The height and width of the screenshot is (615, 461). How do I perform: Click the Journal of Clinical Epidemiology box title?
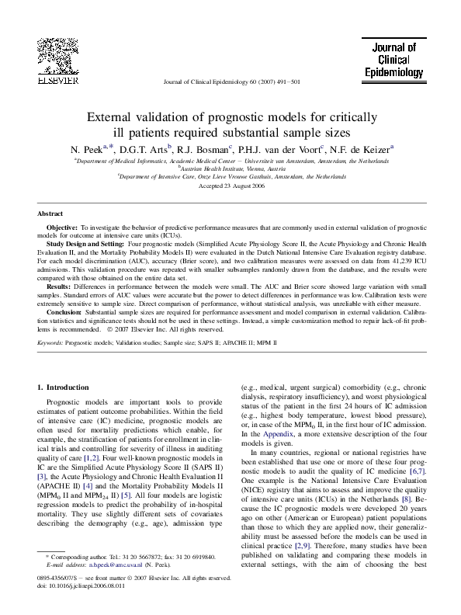pos(393,61)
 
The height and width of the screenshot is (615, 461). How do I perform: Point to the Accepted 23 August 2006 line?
pos(230,187)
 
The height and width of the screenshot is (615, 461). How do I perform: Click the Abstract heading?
pos(50,214)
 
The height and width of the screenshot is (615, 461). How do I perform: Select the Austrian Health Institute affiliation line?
pos(230,166)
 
